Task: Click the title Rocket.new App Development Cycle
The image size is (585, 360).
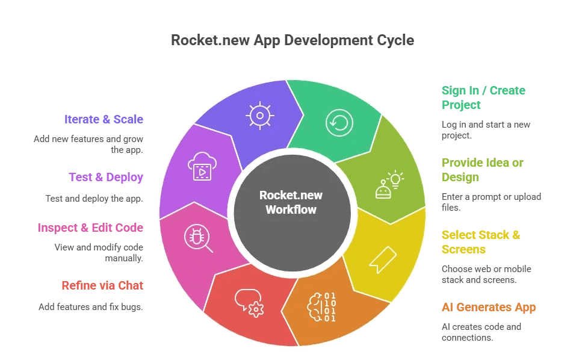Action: point(292,40)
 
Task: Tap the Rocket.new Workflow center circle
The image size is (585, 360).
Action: point(291,202)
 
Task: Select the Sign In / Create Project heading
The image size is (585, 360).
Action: point(483,98)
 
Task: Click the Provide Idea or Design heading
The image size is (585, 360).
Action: point(482,170)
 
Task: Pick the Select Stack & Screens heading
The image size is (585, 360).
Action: point(480,242)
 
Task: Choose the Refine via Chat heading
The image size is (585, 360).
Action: point(102,285)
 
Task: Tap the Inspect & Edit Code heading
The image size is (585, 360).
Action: point(90,228)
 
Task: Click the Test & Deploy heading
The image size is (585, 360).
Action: point(106,177)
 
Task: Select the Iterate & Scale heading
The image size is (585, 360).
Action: point(104,119)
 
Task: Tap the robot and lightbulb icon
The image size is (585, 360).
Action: point(389,184)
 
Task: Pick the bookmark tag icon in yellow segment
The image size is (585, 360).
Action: point(382,258)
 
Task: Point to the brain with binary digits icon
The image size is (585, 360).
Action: point(321,307)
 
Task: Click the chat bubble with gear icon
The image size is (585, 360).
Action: point(249,303)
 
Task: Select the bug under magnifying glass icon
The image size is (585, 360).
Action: point(199,237)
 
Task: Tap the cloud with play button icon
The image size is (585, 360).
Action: point(201,167)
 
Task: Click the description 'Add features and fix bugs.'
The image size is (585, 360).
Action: point(91,306)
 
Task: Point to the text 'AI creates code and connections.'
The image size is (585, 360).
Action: point(481,332)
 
